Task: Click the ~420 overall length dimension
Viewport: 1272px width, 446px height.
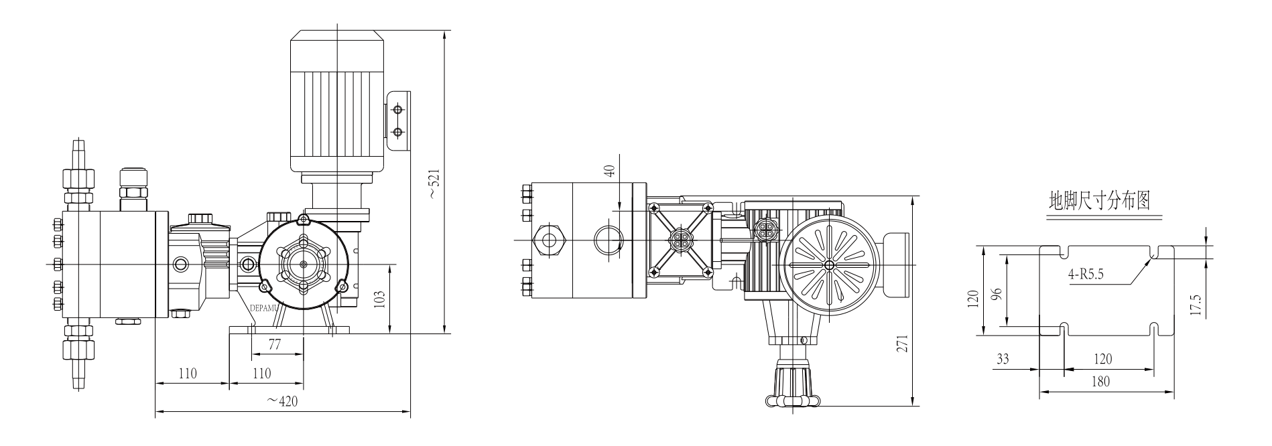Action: pos(281,401)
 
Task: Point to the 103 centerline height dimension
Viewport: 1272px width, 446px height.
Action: pos(380,299)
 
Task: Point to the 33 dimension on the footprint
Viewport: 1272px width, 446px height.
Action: pos(1002,359)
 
